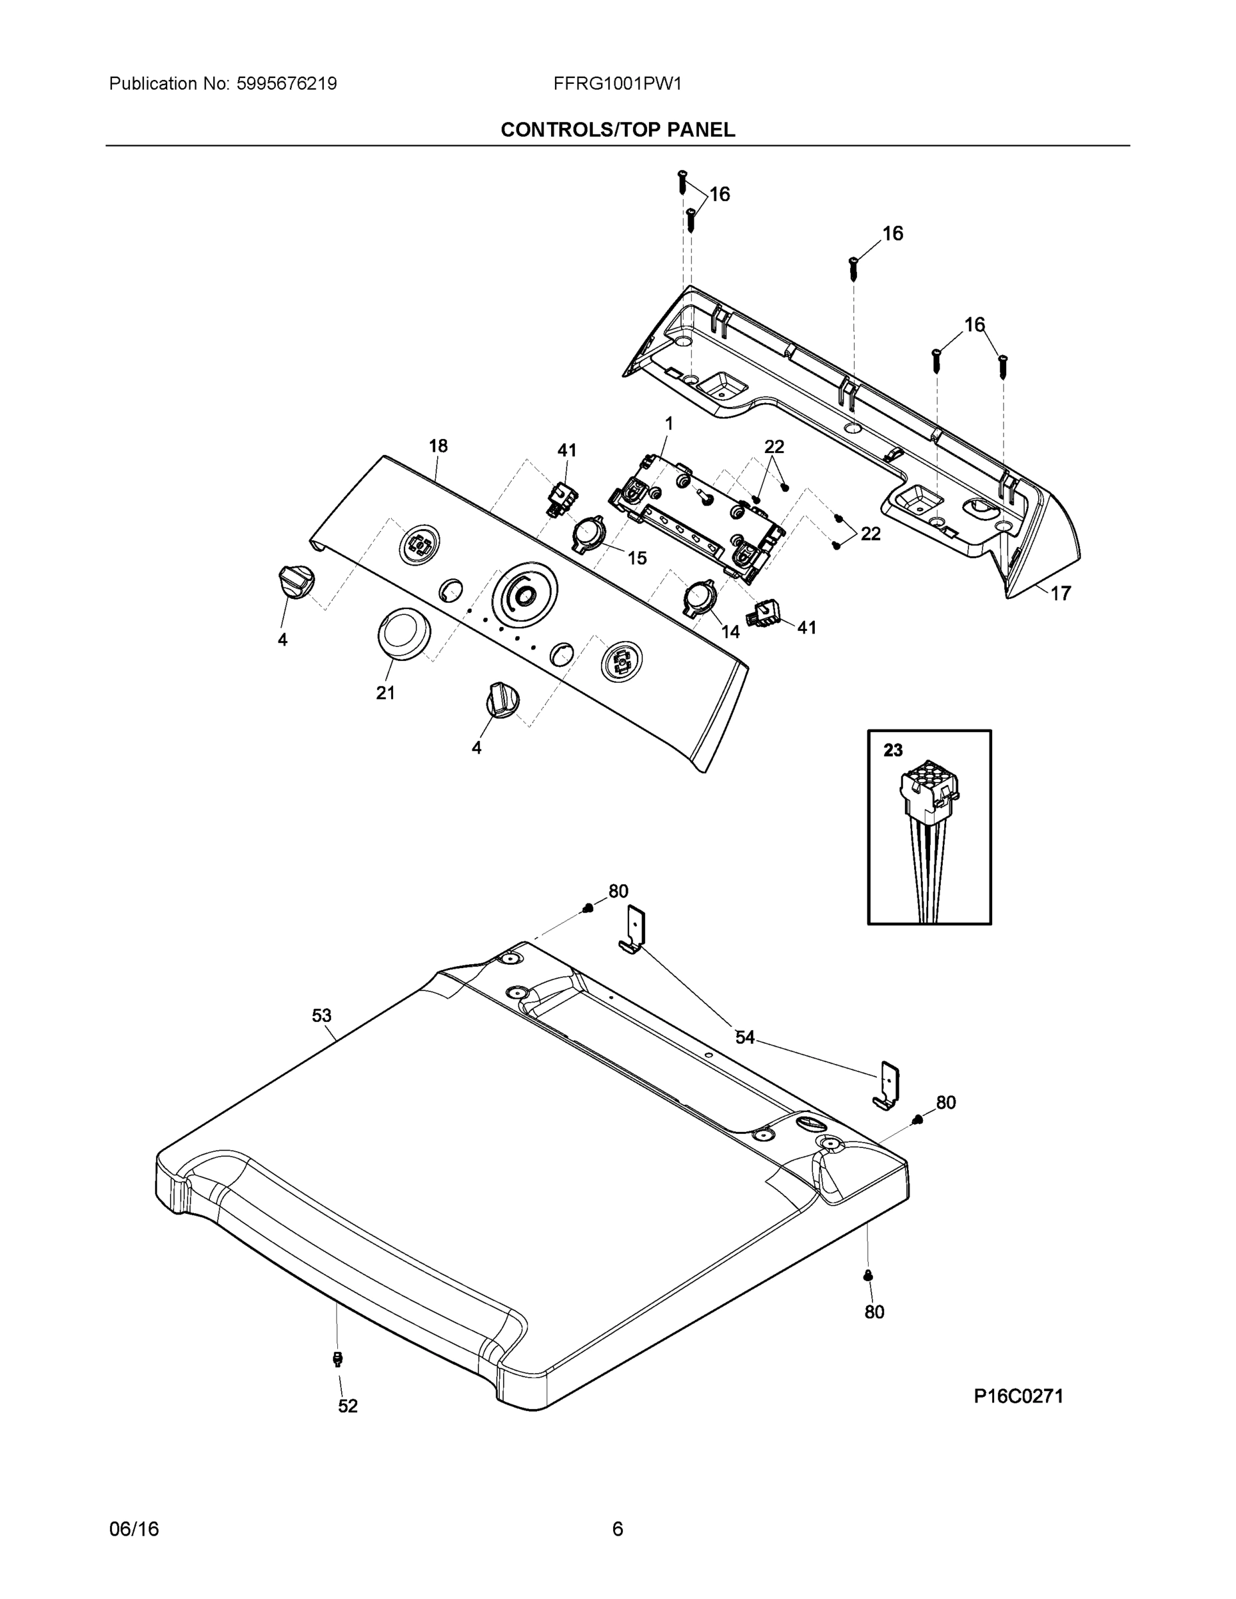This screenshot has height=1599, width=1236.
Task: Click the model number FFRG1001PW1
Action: (x=617, y=83)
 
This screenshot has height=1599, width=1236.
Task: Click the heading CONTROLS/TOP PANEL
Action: (x=617, y=130)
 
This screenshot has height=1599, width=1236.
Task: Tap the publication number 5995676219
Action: (x=287, y=83)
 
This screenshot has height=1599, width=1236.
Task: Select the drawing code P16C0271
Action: (x=1018, y=1396)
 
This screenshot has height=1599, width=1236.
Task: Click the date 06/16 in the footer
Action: (x=134, y=1529)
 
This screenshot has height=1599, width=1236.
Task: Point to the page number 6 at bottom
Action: (x=617, y=1529)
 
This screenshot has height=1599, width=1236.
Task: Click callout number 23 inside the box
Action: (x=893, y=750)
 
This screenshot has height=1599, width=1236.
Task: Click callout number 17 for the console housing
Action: (x=1061, y=593)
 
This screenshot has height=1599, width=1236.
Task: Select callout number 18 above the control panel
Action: (x=438, y=446)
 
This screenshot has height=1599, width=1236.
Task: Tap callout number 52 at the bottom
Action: (x=348, y=1406)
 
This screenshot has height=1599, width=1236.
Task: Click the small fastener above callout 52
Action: (x=338, y=1359)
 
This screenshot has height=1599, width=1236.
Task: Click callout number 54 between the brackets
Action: (x=745, y=1037)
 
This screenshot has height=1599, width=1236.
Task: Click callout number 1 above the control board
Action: (x=668, y=423)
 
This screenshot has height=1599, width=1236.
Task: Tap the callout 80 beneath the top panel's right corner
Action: (x=874, y=1312)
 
